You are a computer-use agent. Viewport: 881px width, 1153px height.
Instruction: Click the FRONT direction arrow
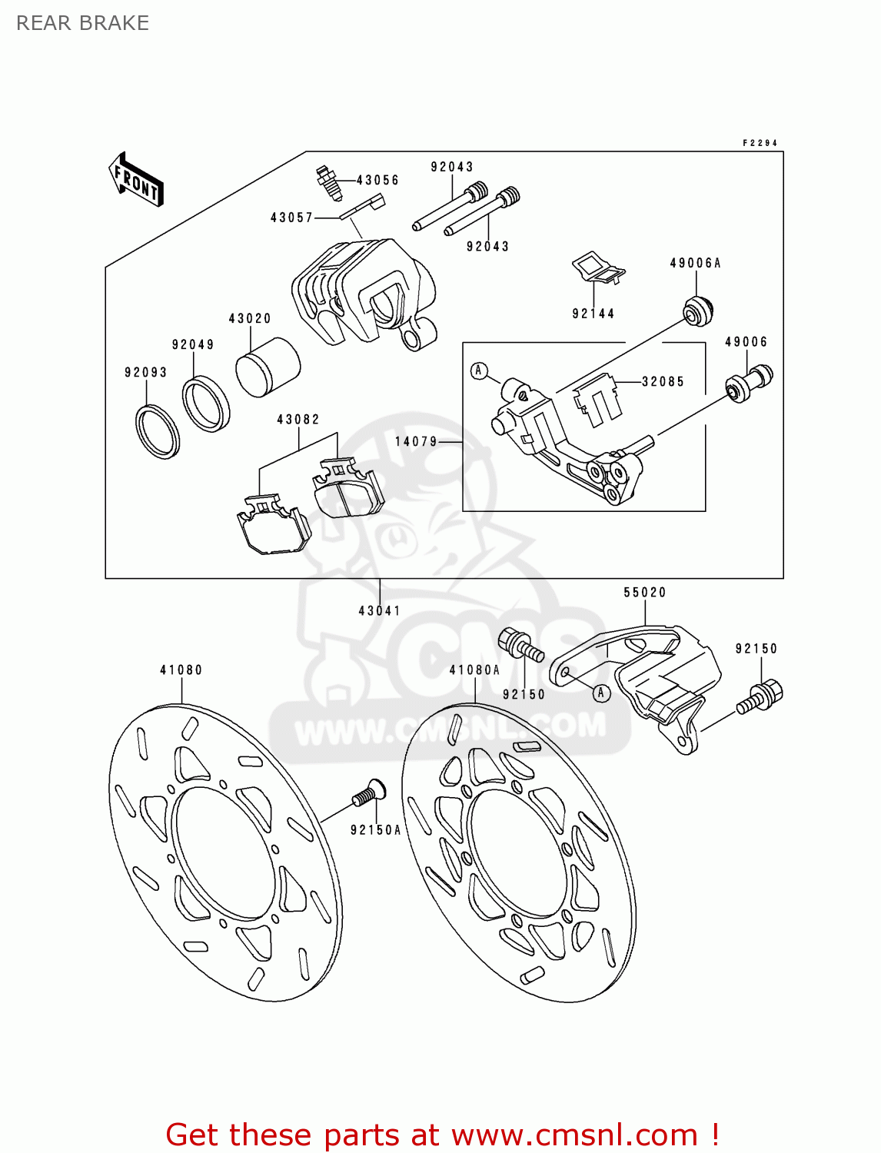pos(136,180)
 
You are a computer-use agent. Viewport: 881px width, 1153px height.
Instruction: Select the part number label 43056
pos(377,181)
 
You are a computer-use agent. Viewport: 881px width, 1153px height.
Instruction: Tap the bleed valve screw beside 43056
pos(328,182)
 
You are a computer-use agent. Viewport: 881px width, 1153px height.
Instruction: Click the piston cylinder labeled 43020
pos(267,366)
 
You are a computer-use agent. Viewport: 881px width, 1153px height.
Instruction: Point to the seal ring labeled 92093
pos(158,430)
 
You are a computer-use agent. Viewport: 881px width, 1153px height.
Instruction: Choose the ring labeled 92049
pos(205,403)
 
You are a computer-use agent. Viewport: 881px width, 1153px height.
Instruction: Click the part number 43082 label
pos(298,420)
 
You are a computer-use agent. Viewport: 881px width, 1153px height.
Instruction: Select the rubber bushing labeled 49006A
pos(698,310)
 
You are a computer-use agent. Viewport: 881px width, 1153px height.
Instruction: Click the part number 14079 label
pos(416,442)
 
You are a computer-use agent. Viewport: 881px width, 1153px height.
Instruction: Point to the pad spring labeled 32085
pos(597,397)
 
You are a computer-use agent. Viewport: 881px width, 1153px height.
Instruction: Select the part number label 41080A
pos(474,670)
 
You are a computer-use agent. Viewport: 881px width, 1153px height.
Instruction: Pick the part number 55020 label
pos(644,593)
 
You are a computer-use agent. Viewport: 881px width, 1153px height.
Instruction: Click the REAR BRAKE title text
pos(82,23)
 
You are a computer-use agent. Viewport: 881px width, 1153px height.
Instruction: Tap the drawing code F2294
pos(760,143)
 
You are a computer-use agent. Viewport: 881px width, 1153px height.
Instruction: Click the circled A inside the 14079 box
pos(479,371)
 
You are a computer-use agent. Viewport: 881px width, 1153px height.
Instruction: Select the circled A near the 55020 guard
pos(601,693)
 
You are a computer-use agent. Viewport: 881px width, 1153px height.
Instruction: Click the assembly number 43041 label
pos(379,611)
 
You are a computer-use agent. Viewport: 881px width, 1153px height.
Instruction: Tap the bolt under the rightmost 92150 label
pos(760,696)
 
